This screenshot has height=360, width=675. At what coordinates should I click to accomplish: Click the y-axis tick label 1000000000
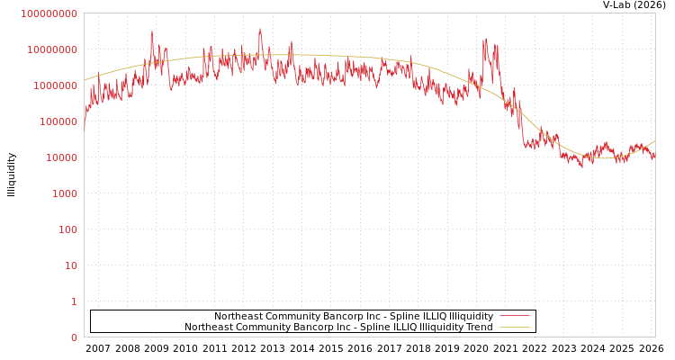(x=49, y=13)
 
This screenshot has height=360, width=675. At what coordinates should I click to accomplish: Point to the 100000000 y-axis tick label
(x=51, y=49)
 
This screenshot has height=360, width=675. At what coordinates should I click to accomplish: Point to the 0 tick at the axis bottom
(x=74, y=337)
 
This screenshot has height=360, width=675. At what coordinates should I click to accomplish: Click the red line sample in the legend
(x=514, y=317)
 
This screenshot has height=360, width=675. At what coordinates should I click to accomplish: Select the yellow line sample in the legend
(x=514, y=328)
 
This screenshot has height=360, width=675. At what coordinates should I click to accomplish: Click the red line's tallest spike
(x=260, y=29)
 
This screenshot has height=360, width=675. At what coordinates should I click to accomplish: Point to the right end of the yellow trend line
(x=654, y=140)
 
